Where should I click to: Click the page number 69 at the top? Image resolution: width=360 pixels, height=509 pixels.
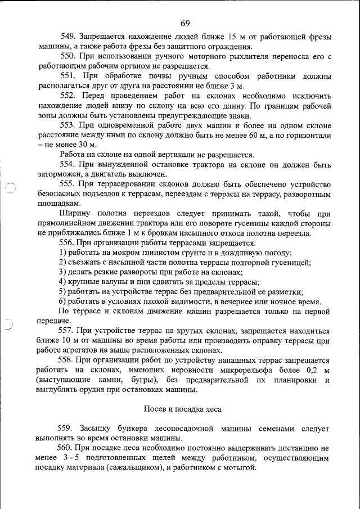(x=186, y=23)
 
